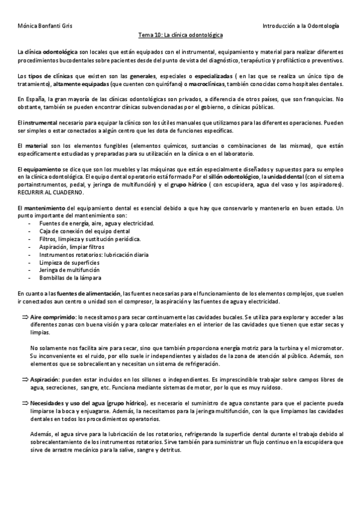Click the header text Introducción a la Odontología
301,26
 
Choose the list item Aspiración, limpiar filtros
72,247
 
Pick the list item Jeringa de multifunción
68,270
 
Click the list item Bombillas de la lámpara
70,278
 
